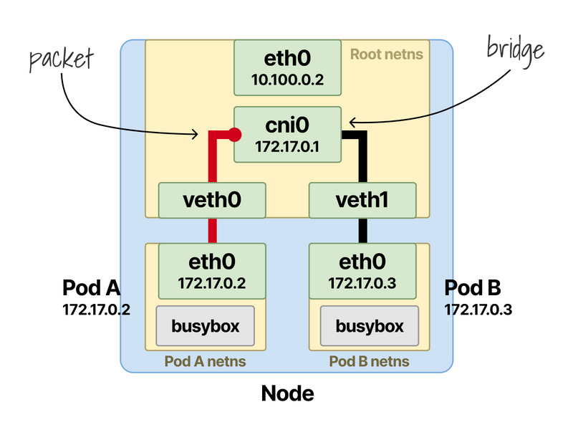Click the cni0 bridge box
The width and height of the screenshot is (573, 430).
tap(287, 135)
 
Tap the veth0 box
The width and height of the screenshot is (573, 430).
tap(212, 201)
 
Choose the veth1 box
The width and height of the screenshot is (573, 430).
tap(362, 201)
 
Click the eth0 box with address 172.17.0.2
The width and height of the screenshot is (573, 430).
tap(212, 270)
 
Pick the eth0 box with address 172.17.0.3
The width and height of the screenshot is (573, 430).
tap(362, 270)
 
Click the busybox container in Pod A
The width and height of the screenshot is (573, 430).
tap(206, 326)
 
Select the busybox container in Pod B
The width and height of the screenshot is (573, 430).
tap(370, 326)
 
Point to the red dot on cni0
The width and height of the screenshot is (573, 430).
tap(233, 133)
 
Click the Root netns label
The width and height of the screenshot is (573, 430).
tap(386, 54)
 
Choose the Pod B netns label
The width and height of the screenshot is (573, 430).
tap(370, 360)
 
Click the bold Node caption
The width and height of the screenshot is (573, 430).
tap(287, 393)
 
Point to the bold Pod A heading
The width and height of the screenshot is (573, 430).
tap(91, 288)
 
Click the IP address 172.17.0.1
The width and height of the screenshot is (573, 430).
tap(287, 146)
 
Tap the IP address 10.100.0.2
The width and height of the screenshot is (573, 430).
tap(287, 80)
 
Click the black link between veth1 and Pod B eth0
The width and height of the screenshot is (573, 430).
tap(362, 230)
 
